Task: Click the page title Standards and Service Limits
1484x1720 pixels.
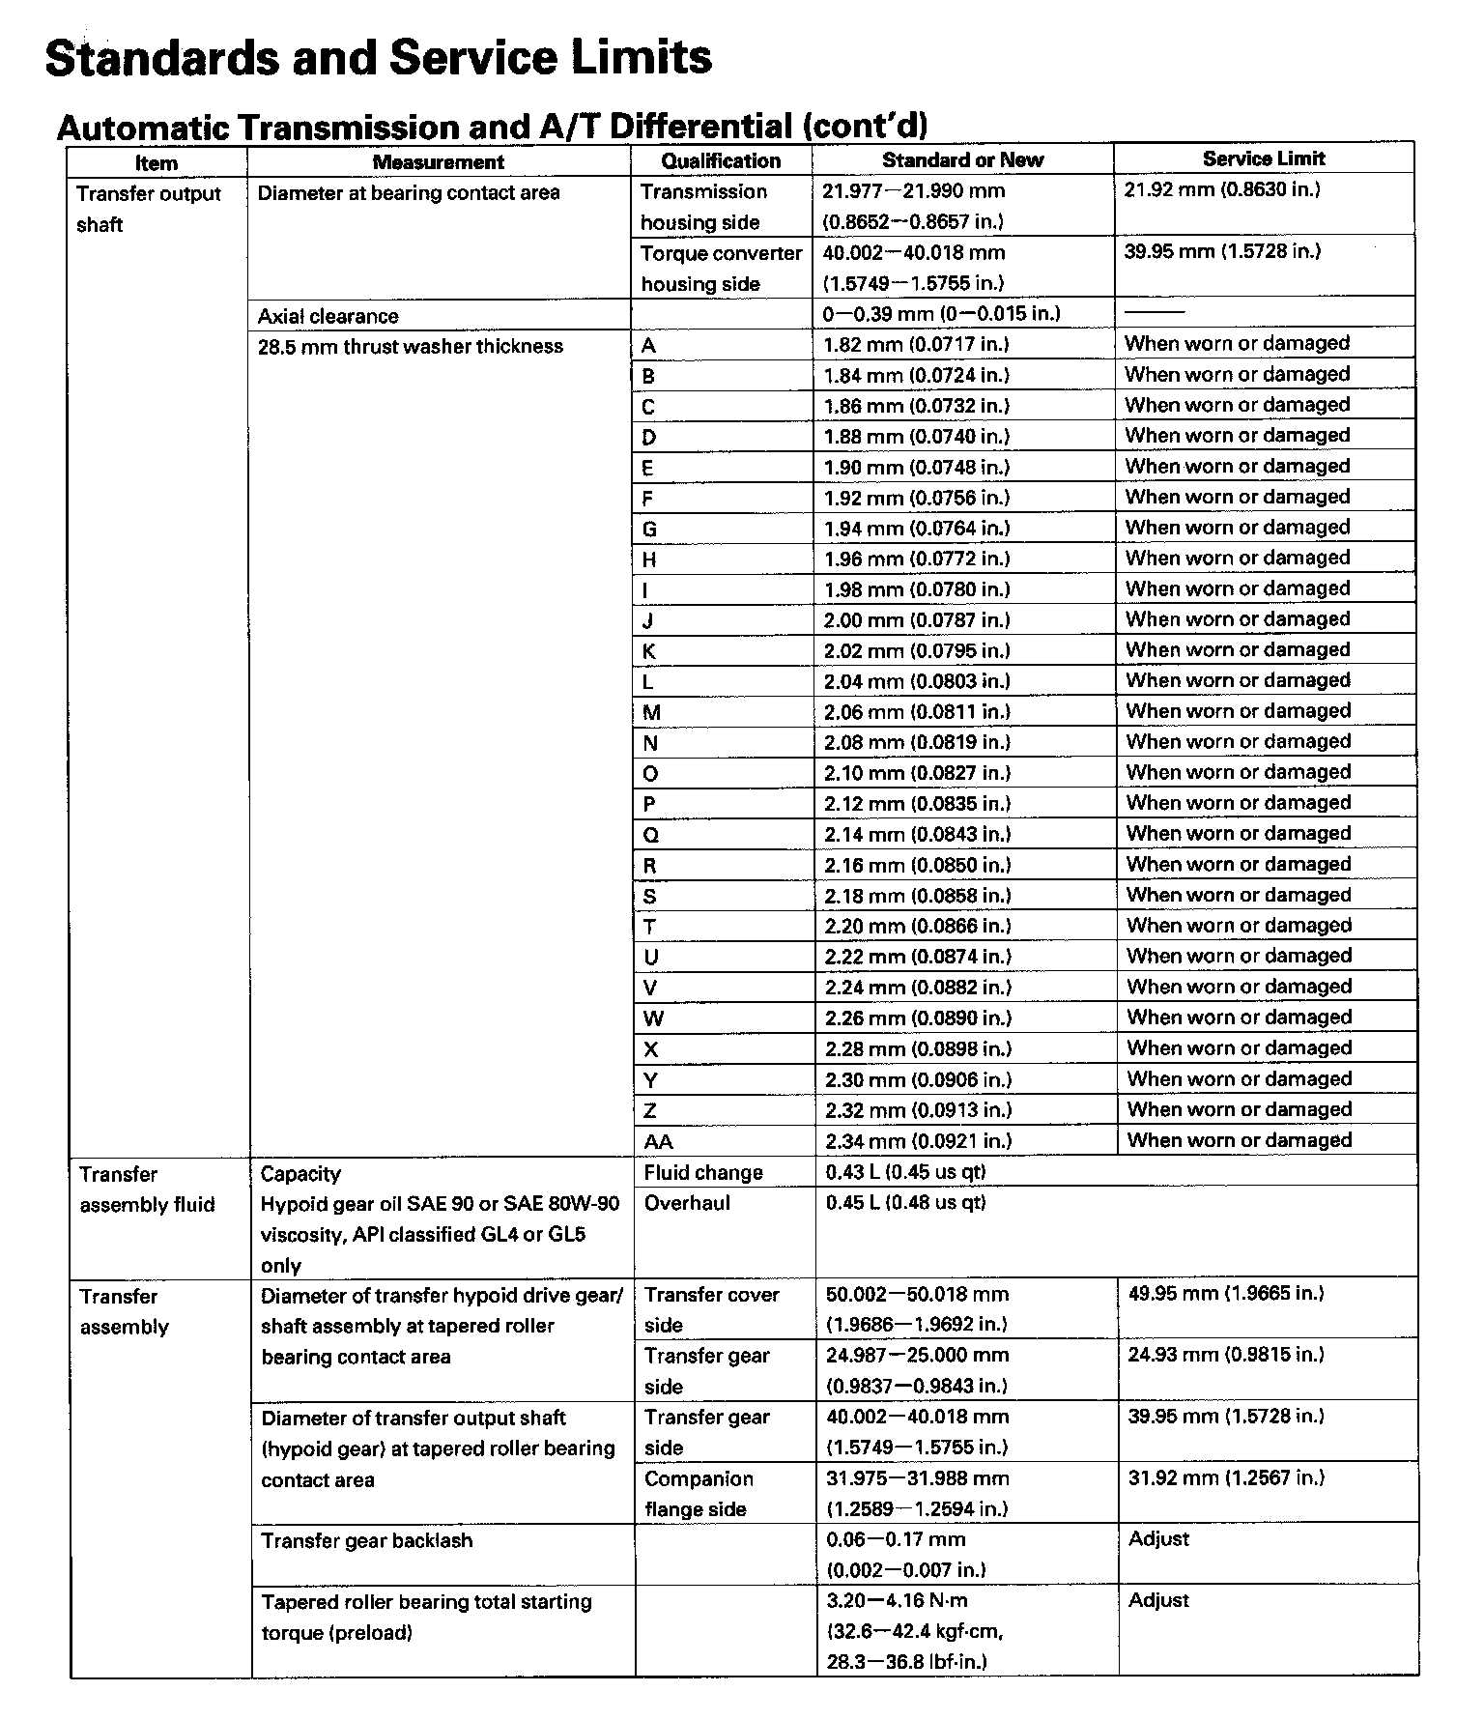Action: pos(379,58)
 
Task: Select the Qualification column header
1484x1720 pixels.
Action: pos(721,161)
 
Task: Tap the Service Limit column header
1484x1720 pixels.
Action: pos(1263,158)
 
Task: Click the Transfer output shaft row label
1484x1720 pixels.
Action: pos(148,209)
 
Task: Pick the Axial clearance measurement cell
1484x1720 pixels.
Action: pos(328,316)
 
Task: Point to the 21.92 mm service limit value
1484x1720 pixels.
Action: pos(1221,189)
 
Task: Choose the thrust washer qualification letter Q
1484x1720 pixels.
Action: pos(651,835)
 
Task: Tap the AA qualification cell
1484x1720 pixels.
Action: pos(658,1141)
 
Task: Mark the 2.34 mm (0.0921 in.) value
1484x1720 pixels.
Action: pos(918,1141)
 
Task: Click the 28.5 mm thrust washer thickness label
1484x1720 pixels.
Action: pos(410,347)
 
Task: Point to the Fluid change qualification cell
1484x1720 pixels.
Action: pos(703,1172)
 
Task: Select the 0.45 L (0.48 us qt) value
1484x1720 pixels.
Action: pos(905,1203)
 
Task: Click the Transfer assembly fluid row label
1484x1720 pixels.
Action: pos(147,1190)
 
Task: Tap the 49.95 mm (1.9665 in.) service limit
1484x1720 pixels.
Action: pos(1225,1294)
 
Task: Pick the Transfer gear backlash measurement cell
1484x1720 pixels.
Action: pos(366,1540)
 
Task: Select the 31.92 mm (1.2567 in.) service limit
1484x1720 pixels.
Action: pos(1225,1477)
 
